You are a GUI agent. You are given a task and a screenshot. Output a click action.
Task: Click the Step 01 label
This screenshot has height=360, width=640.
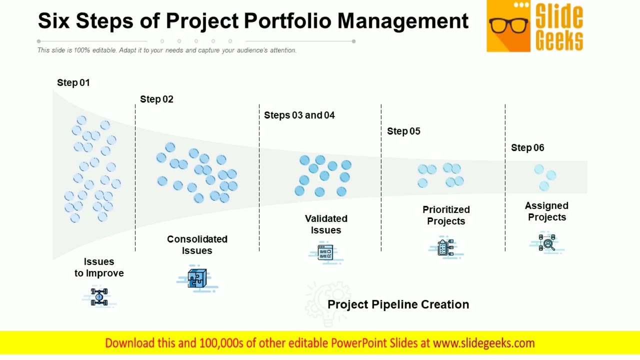73,83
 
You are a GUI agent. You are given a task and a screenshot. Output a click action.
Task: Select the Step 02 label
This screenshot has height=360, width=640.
156,99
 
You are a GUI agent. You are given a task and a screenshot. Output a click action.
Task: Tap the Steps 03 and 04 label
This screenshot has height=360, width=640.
299,115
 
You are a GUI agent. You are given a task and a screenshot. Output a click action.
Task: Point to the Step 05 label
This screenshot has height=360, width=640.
403,131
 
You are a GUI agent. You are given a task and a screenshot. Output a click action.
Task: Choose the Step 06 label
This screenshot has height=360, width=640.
527,148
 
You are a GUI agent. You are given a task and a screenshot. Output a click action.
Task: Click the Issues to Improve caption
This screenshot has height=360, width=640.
99,267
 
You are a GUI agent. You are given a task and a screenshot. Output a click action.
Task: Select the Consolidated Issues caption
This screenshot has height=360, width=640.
197,245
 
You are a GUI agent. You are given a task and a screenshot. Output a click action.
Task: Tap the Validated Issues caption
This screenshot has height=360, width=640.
326,224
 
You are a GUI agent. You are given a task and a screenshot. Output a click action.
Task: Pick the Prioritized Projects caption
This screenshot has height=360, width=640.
446,215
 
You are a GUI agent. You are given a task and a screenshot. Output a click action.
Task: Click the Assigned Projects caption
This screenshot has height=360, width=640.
546,211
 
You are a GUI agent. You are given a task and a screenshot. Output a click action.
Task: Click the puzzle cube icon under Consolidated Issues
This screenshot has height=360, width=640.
197,278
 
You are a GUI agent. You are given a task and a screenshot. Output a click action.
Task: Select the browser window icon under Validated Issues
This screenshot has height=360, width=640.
325,251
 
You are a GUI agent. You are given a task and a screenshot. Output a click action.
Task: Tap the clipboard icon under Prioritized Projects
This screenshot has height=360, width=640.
445,247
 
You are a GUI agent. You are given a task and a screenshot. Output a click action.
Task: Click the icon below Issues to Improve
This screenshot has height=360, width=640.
99,296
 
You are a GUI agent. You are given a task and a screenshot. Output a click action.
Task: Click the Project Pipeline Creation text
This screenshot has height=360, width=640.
398,304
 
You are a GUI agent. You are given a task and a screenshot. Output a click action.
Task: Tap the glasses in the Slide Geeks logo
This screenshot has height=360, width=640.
508,25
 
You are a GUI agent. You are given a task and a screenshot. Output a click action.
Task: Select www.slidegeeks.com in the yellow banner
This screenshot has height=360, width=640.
483,343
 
